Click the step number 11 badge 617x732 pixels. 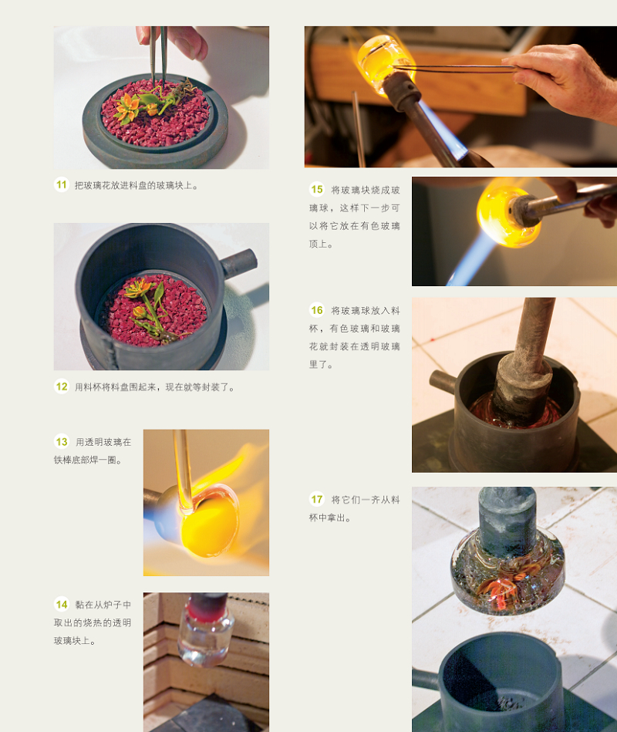tap(62, 185)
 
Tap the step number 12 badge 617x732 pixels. tap(62, 387)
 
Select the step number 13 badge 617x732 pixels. tap(62, 442)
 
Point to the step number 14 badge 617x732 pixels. tap(62, 604)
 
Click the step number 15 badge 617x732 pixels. tap(317, 190)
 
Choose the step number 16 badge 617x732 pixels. tap(317, 310)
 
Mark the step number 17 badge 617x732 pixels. tap(317, 499)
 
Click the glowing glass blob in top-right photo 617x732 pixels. tap(383, 58)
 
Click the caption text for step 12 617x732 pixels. tap(154, 387)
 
